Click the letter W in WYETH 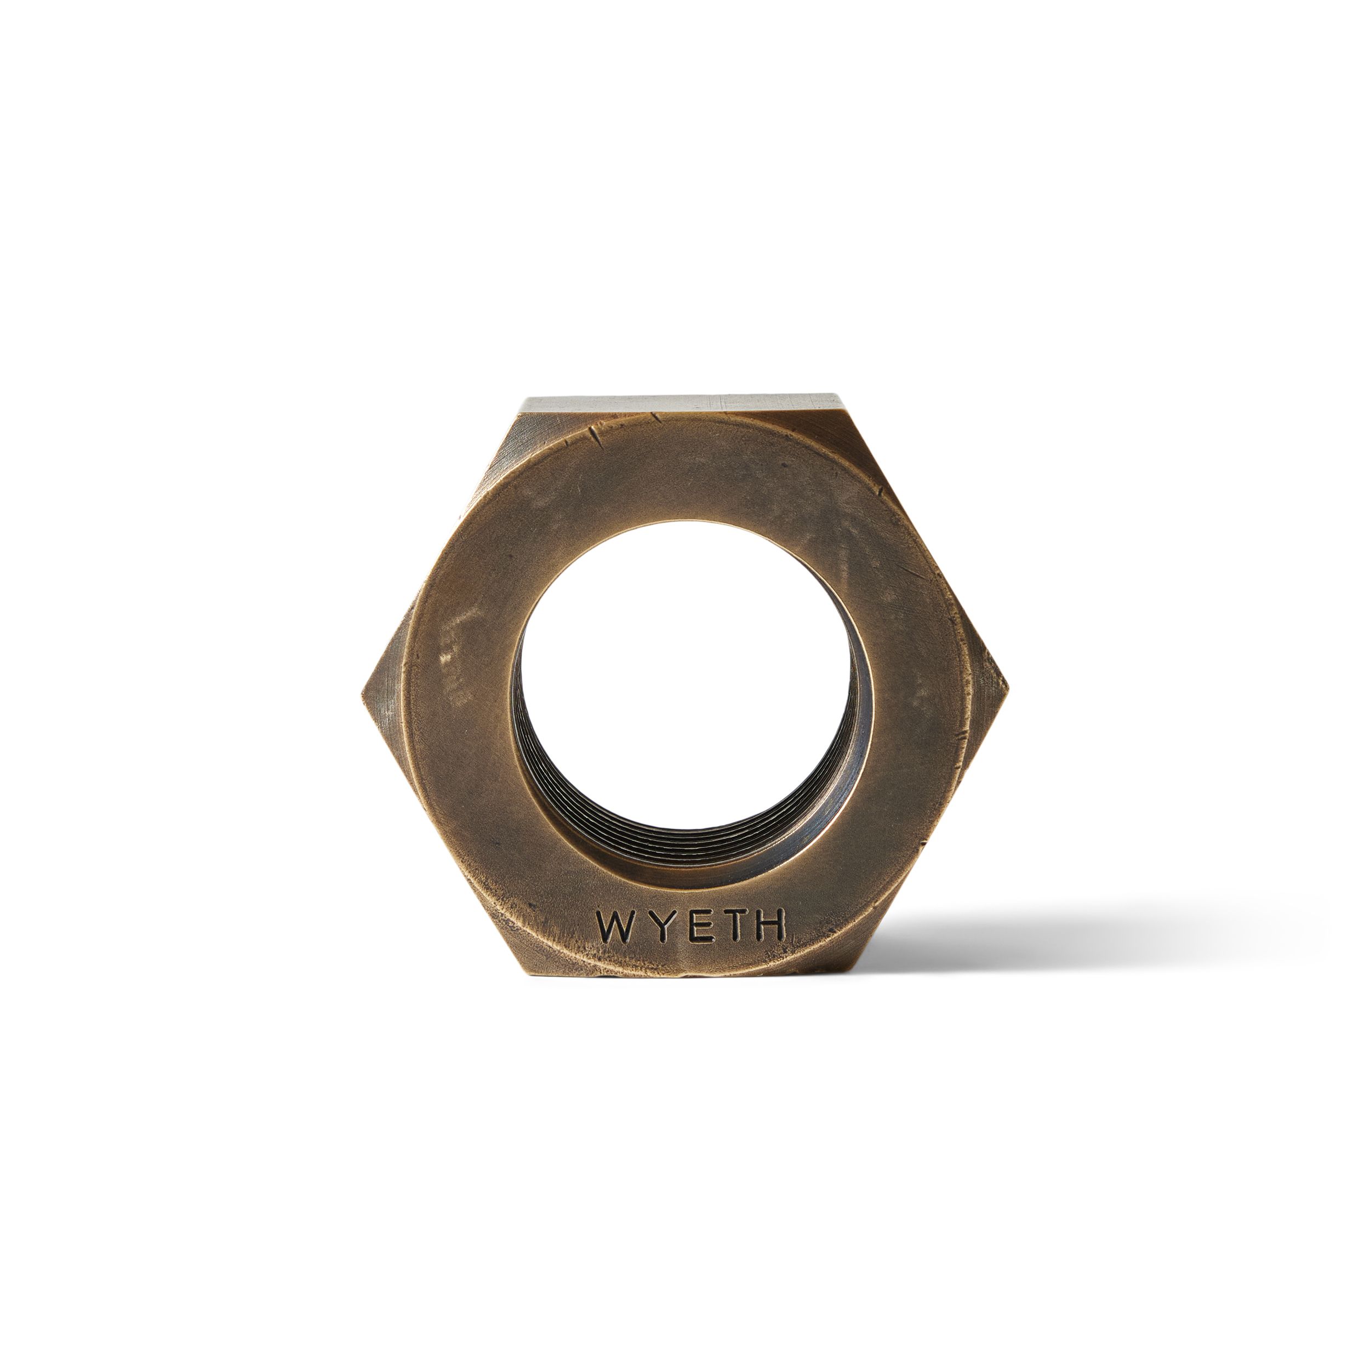614,927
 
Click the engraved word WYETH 690,927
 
